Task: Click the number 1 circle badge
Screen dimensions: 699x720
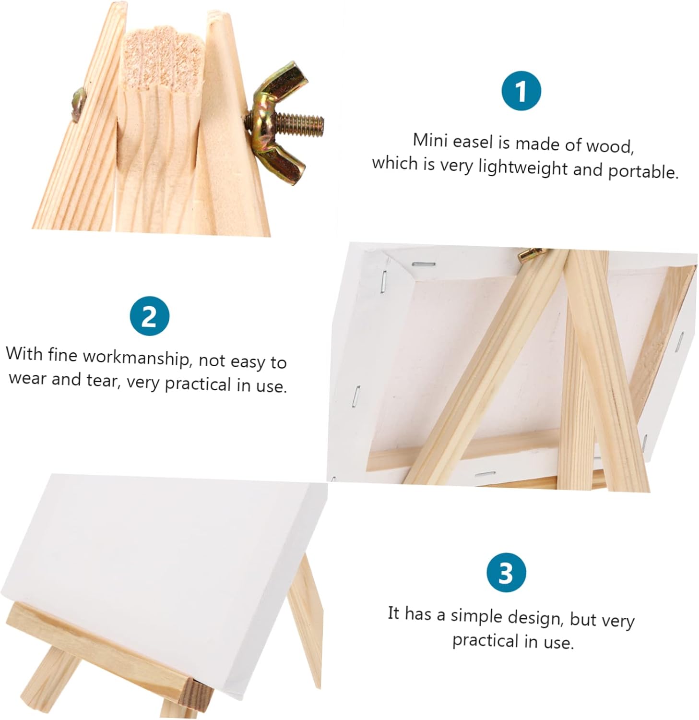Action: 521,91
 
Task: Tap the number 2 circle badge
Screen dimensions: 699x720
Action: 149,316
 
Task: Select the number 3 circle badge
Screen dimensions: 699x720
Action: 506,572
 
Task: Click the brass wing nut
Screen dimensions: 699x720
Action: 278,122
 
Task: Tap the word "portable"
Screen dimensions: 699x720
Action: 643,171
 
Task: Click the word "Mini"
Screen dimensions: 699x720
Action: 430,140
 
